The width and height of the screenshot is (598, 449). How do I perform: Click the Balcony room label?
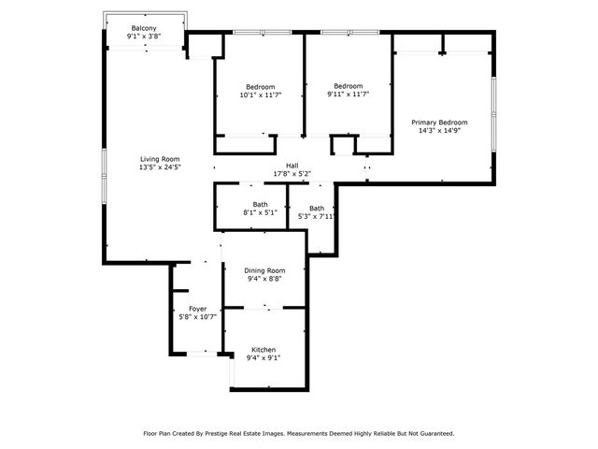[x=144, y=28]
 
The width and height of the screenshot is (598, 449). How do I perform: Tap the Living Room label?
[x=160, y=159]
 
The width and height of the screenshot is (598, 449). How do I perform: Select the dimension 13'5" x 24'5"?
[x=160, y=168]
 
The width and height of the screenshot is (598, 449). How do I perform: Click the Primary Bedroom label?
[x=439, y=123]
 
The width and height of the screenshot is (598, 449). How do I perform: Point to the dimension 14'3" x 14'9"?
[x=439, y=132]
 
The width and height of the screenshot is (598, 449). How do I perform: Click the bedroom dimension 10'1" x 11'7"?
[x=260, y=94]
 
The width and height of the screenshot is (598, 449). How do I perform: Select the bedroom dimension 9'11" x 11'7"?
[x=349, y=94]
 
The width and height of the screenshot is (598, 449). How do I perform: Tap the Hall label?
[x=292, y=165]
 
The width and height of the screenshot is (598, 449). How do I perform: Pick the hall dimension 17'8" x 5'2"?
[x=292, y=174]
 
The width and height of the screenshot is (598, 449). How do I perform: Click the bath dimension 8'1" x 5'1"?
[x=260, y=213]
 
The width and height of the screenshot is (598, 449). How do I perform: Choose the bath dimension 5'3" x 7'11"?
[x=317, y=216]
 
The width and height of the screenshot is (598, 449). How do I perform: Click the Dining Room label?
[x=264, y=270]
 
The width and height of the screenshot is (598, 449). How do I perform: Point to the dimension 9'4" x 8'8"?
[x=264, y=279]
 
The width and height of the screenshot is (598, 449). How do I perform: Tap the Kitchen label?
[x=263, y=349]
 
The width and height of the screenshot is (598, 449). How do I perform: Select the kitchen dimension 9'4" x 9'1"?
[x=263, y=357]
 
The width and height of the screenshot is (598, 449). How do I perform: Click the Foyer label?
[x=197, y=309]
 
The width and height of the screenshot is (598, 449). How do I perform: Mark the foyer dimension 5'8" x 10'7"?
[x=197, y=317]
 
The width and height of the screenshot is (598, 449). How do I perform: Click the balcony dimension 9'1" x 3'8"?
[x=144, y=36]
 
